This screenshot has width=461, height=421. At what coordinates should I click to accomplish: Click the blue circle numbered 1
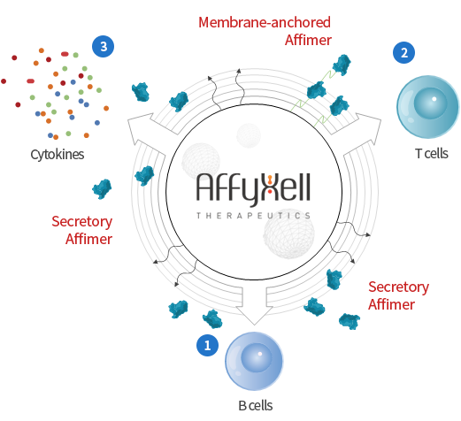coord(208,345)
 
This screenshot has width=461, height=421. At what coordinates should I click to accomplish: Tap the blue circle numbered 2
coord(403,52)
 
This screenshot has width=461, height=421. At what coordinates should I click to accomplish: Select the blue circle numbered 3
coord(104,46)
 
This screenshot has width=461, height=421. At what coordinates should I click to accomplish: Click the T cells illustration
coord(428,107)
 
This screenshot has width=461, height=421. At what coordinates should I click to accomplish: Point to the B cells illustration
coord(254,361)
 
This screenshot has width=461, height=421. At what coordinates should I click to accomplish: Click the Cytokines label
coord(58,155)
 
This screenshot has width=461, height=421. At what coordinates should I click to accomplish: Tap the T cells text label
coord(432,154)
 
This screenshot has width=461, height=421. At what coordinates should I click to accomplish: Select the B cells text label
coord(256,406)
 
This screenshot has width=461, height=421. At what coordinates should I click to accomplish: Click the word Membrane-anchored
coord(265,22)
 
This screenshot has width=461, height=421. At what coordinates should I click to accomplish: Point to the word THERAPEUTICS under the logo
coord(253,216)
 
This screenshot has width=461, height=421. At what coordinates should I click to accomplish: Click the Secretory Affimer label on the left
coord(82,230)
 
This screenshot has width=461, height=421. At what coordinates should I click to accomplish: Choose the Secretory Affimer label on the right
coord(398,295)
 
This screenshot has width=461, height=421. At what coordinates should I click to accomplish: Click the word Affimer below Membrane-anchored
coord(308,40)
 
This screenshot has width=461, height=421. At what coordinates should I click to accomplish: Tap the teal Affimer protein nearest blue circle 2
coord(342,65)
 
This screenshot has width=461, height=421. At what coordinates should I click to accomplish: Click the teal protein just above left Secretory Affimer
coord(102,189)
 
